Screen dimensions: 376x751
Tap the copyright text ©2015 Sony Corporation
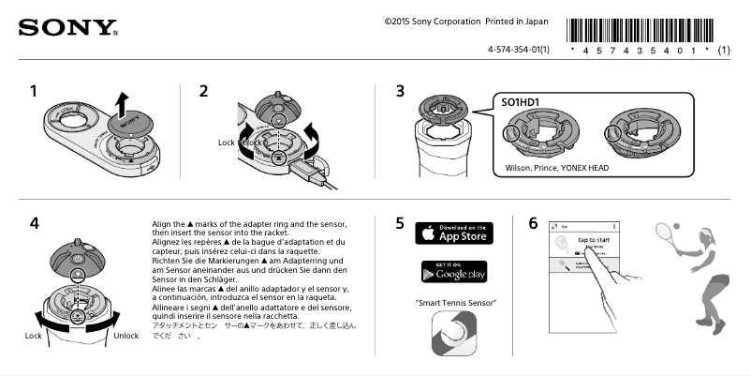pos(436,21)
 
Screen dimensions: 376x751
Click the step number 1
pos(34,92)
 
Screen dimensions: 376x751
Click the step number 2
pos(203,92)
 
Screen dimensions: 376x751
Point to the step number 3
pos(400,92)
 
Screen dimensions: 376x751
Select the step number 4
pos(34,224)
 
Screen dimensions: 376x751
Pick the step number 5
pos(400,224)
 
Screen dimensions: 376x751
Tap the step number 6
pos(533,224)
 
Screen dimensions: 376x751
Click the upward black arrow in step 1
pos(119,100)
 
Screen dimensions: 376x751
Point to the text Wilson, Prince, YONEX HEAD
pos(556,168)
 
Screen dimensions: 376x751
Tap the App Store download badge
pos(453,233)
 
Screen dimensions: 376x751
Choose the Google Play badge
pos(453,272)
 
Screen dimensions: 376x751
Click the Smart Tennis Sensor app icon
pos(454,333)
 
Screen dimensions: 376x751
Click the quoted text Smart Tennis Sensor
pos(455,302)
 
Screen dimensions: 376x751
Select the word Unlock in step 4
pos(125,335)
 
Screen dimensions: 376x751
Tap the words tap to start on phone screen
pos(596,241)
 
